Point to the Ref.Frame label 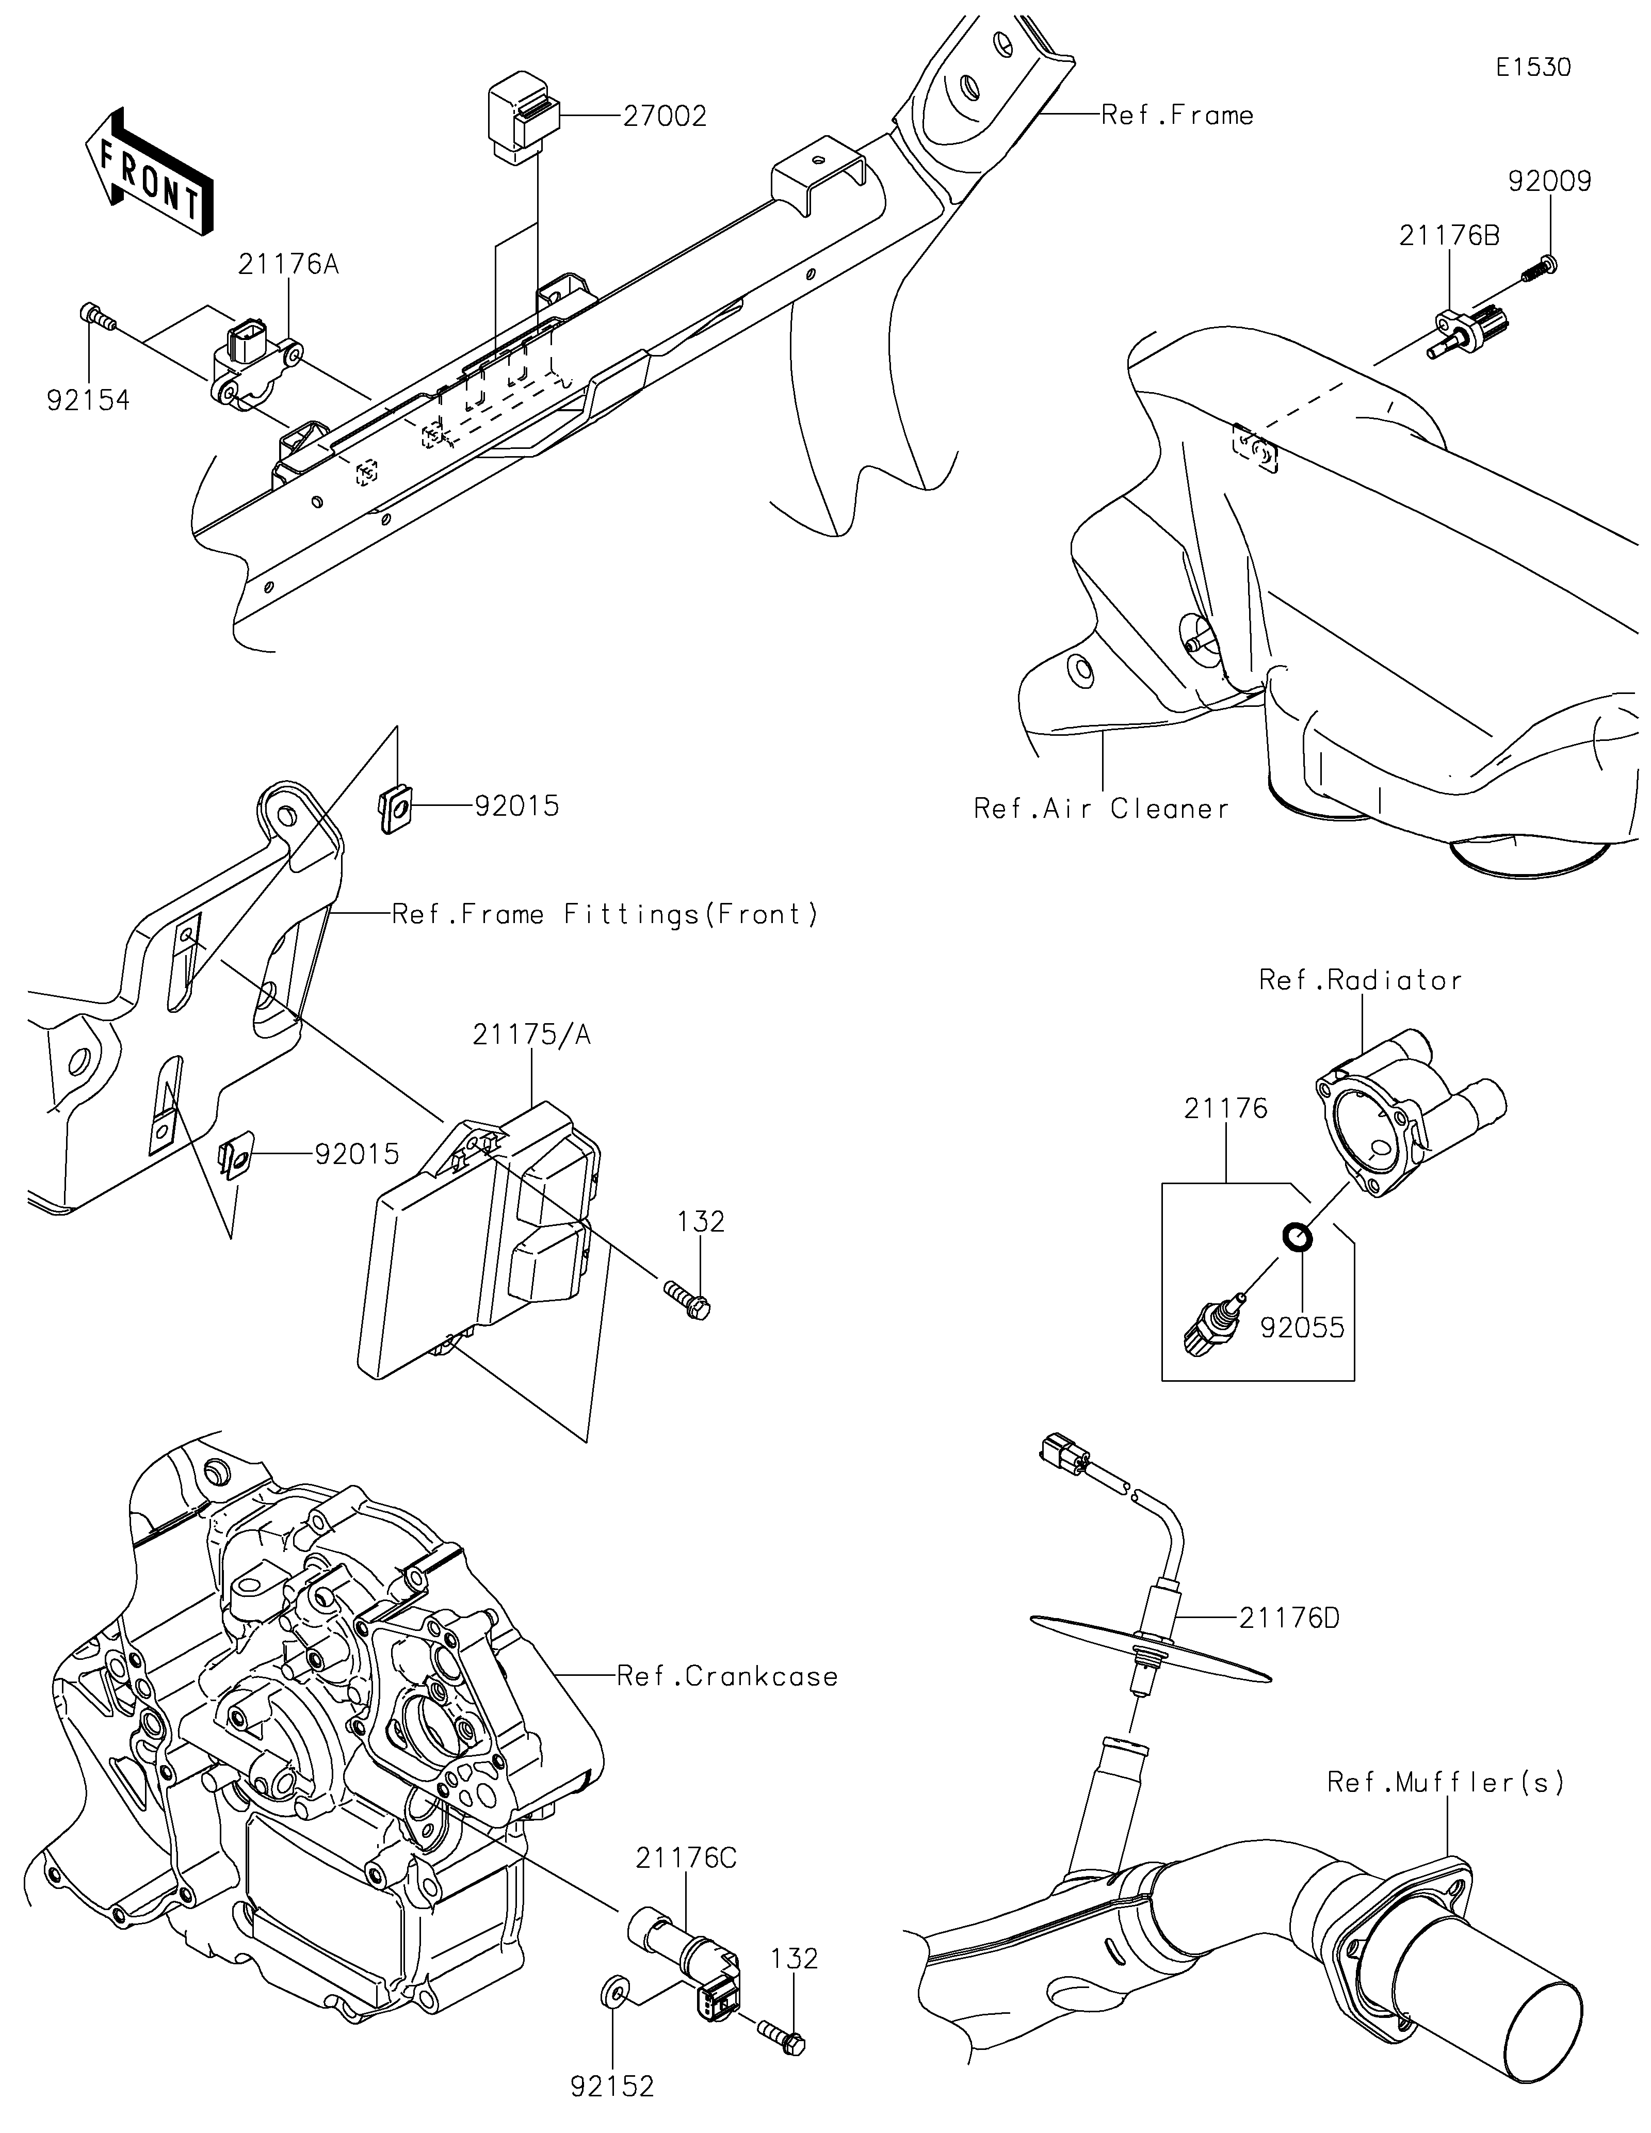1177,115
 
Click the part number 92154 88,400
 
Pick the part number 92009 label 1549,182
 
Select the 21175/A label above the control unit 532,1035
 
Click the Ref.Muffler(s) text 1446,1782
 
